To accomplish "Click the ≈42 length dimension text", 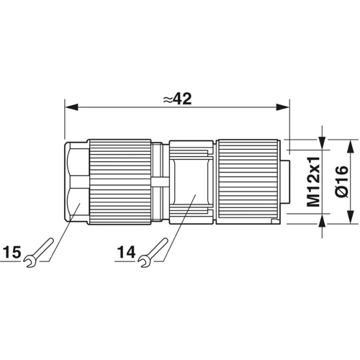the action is coord(177,99).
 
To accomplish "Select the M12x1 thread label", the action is coord(314,181).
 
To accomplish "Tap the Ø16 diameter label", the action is coord(341,181).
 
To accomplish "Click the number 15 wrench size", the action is coord(12,252).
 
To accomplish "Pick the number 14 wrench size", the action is coord(126,252).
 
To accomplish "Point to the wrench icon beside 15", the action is coord(38,253).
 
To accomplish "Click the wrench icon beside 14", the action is coord(153,253).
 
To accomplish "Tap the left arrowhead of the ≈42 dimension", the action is coord(71,107).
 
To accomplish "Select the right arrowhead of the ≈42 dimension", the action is coord(283,107).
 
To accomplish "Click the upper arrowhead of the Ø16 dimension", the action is coord(351,146).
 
